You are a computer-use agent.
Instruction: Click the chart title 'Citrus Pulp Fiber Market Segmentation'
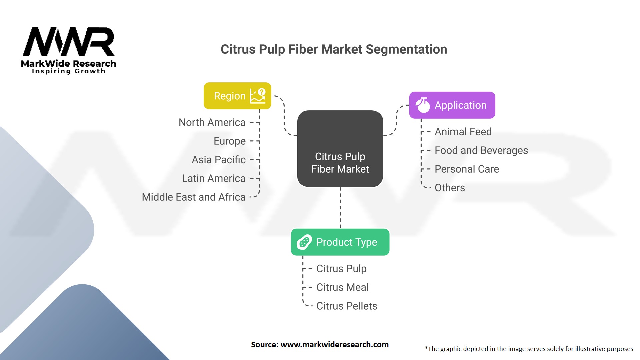tap(334, 49)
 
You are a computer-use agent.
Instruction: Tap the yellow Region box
tap(237, 96)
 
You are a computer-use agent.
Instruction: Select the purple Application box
tap(452, 105)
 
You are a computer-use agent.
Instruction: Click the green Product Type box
tap(340, 242)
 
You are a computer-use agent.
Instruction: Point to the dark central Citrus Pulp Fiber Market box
tap(340, 149)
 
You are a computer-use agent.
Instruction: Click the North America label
tap(212, 122)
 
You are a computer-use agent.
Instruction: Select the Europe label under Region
tap(230, 141)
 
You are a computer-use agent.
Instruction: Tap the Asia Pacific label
tap(219, 160)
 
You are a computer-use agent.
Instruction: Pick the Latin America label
tap(214, 178)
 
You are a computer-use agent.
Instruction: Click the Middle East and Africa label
tap(194, 197)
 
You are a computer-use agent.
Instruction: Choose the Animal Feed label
tap(463, 132)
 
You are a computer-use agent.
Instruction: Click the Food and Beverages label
tap(481, 150)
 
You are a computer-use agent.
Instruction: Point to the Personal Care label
tap(467, 169)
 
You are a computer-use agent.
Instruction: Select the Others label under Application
tap(450, 188)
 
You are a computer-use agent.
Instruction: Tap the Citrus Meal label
tap(342, 287)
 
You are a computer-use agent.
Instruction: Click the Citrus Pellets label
tap(347, 306)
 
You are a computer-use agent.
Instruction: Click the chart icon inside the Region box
tap(258, 96)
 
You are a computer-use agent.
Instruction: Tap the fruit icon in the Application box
tap(423, 105)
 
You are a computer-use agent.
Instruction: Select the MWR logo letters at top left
tap(69, 42)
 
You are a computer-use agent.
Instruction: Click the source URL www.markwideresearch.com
tap(334, 345)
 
